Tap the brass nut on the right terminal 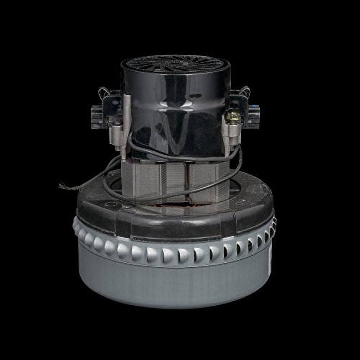click(233, 117)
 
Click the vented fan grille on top click(175, 64)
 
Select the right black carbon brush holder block click(253, 116)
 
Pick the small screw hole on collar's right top click(243, 201)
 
